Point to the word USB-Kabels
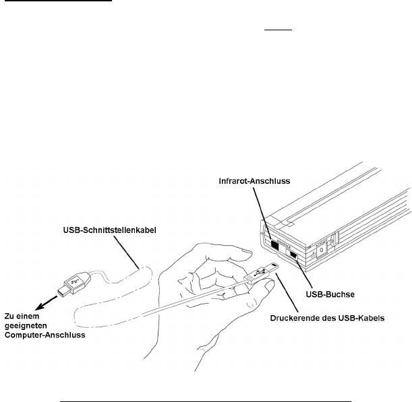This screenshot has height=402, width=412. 361,319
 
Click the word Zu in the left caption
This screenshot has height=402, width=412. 9,315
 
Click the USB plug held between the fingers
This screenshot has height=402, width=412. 264,272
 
